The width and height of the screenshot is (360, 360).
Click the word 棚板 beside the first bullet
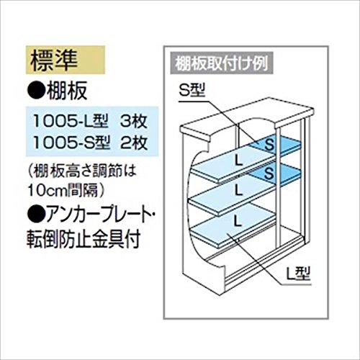pyautogui.click(x=67, y=91)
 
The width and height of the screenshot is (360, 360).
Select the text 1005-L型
pyautogui.click(x=71, y=121)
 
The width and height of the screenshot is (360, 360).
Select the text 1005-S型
pyautogui.click(x=71, y=143)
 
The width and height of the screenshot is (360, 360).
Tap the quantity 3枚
pyautogui.click(x=134, y=121)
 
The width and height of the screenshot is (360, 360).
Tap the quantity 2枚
pyautogui.click(x=134, y=143)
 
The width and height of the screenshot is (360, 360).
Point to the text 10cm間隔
pyautogui.click(x=63, y=190)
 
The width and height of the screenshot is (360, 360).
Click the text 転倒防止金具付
pyautogui.click(x=84, y=238)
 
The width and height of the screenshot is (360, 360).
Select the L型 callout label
pyautogui.click(x=299, y=274)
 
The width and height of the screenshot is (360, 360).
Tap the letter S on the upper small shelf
pyautogui.click(x=269, y=145)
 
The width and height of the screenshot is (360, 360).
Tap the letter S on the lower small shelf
pyautogui.click(x=269, y=173)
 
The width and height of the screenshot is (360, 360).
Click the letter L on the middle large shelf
pyautogui.click(x=238, y=191)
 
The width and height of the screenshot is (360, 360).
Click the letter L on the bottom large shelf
pyautogui.click(x=238, y=220)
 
